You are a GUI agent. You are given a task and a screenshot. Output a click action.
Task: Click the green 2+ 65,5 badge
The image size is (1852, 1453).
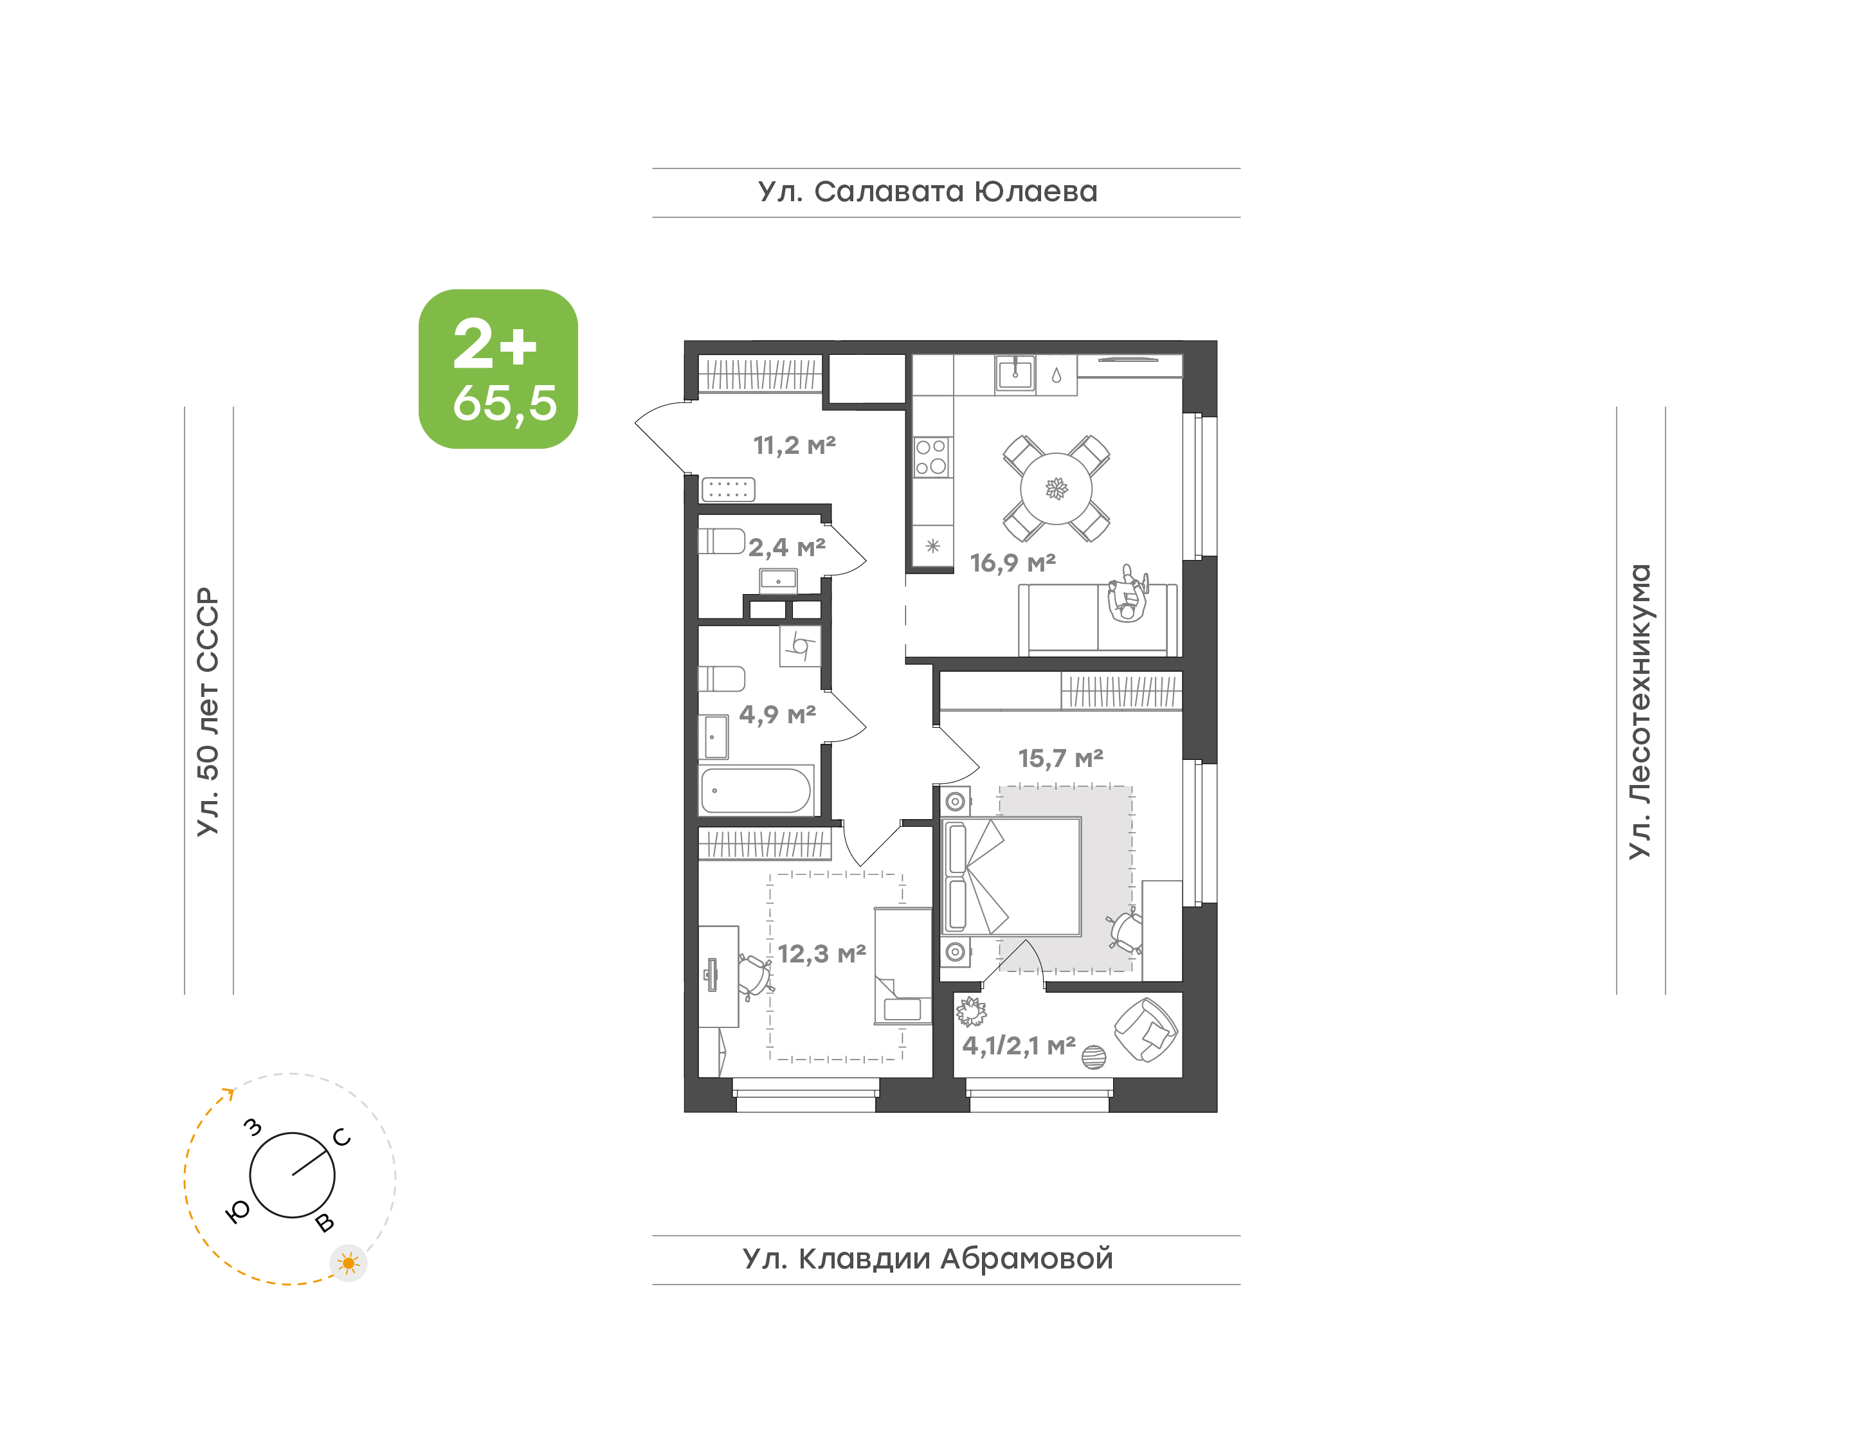(x=498, y=368)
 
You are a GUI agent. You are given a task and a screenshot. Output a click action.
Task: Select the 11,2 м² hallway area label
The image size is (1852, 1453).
(x=795, y=445)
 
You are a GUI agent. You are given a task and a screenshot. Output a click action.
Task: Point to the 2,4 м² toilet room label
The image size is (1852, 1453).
(x=787, y=547)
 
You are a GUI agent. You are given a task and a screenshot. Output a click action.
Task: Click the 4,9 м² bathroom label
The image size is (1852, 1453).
(x=777, y=714)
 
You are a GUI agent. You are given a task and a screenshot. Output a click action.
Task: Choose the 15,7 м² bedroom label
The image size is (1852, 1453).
(x=1061, y=758)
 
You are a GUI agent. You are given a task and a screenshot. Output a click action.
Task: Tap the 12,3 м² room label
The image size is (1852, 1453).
(x=822, y=953)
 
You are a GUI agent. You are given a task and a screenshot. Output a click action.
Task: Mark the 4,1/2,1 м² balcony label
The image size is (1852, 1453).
(x=1019, y=1045)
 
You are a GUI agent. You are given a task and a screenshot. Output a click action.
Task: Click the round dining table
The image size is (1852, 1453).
(x=1056, y=489)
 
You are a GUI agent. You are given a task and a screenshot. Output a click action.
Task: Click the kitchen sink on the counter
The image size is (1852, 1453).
(x=1015, y=374)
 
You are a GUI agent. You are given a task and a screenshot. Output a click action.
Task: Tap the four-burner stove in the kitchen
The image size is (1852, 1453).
(x=932, y=457)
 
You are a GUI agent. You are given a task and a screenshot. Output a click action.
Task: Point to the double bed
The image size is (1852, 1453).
(x=1012, y=877)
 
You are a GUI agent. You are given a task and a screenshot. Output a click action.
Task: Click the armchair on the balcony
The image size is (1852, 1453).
(x=1146, y=1030)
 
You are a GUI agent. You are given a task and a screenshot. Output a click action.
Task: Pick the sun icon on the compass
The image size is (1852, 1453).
(x=348, y=1263)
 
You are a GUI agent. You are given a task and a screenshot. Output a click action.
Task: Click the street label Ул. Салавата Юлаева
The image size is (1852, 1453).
(x=928, y=192)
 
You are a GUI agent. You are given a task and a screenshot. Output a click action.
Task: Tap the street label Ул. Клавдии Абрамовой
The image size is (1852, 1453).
(x=928, y=1258)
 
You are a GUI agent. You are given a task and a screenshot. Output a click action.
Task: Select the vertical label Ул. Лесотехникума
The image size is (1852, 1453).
(x=1639, y=711)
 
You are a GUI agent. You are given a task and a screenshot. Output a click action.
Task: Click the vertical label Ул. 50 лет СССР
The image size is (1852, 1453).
(x=208, y=711)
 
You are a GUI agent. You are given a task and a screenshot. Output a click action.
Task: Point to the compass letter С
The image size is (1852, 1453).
(x=342, y=1137)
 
